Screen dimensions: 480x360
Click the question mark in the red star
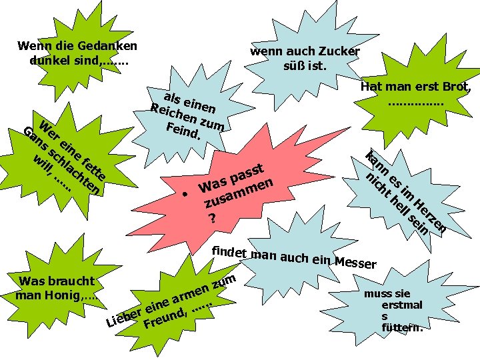click(212, 218)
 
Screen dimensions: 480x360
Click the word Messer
click(357, 263)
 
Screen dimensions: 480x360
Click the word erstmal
click(401, 305)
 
